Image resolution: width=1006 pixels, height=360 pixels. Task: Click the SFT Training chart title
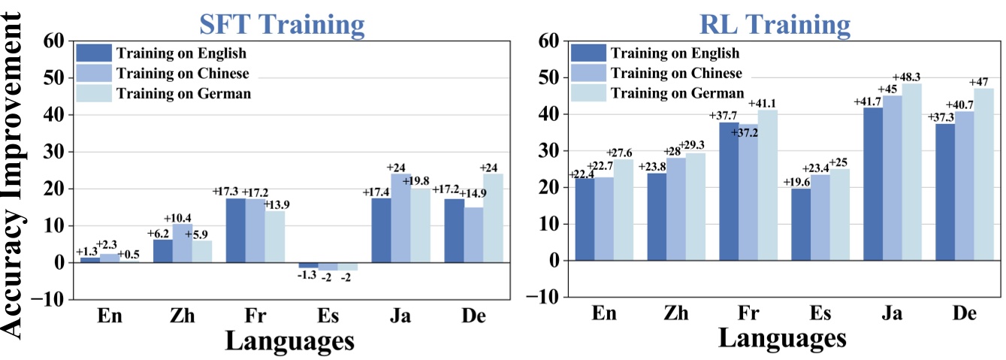click(282, 24)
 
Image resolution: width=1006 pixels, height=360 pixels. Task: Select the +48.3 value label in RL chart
click(911, 77)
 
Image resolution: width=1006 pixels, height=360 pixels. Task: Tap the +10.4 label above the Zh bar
click(183, 218)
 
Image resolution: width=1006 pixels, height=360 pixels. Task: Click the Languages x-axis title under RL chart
click(781, 337)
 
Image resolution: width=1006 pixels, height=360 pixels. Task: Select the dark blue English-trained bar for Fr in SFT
click(235, 230)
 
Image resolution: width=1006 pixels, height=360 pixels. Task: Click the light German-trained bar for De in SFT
click(493, 218)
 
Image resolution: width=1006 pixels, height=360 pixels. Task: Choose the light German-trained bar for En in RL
click(623, 210)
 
